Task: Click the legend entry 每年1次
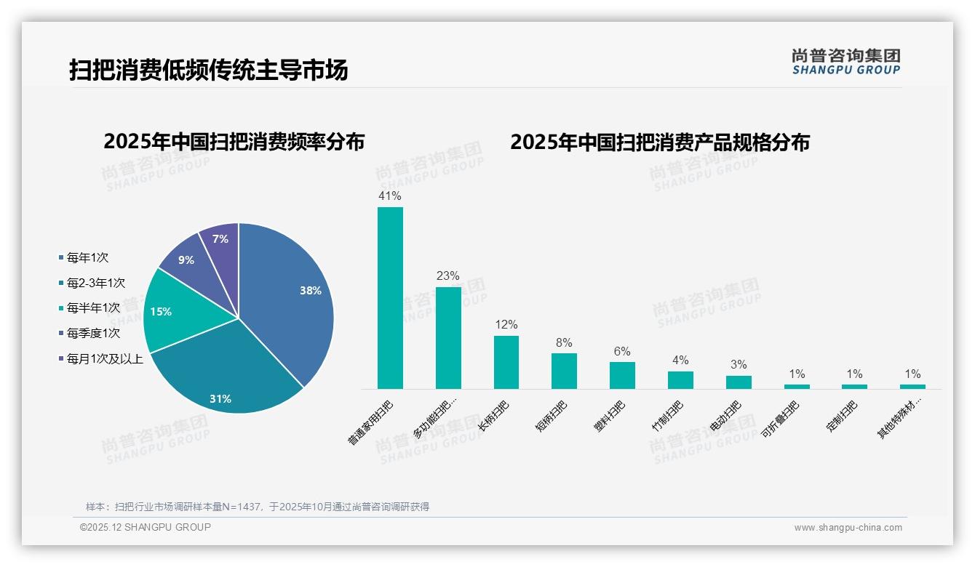click(87, 258)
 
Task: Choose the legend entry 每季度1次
click(93, 334)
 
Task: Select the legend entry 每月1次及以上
click(105, 358)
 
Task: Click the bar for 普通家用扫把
click(390, 298)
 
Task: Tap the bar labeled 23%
click(448, 338)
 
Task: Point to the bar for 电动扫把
click(739, 382)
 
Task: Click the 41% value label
click(390, 196)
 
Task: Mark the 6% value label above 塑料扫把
click(622, 352)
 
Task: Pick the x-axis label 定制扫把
click(842, 417)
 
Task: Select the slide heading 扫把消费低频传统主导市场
click(209, 70)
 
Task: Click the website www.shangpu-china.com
click(848, 528)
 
